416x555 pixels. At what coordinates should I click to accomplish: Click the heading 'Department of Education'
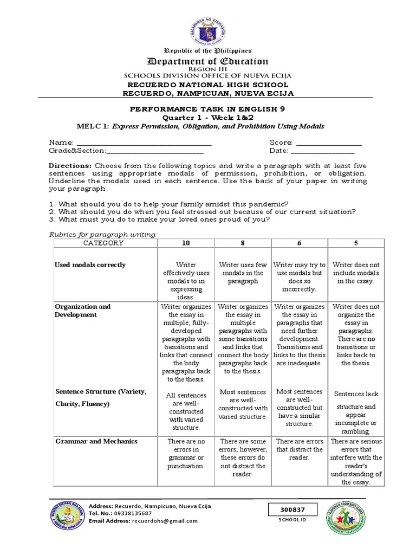209,61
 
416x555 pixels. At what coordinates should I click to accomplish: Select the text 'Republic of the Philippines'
209,50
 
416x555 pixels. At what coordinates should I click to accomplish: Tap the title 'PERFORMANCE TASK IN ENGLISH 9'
209,108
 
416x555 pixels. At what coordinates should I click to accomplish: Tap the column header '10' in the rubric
186,243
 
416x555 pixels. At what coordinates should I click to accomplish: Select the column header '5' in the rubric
355,243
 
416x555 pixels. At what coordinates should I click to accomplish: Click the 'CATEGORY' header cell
103,243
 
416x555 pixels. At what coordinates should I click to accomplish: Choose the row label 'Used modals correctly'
90,265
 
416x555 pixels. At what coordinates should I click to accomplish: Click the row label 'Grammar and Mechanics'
96,441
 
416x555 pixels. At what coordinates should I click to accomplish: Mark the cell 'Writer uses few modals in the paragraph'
243,273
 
